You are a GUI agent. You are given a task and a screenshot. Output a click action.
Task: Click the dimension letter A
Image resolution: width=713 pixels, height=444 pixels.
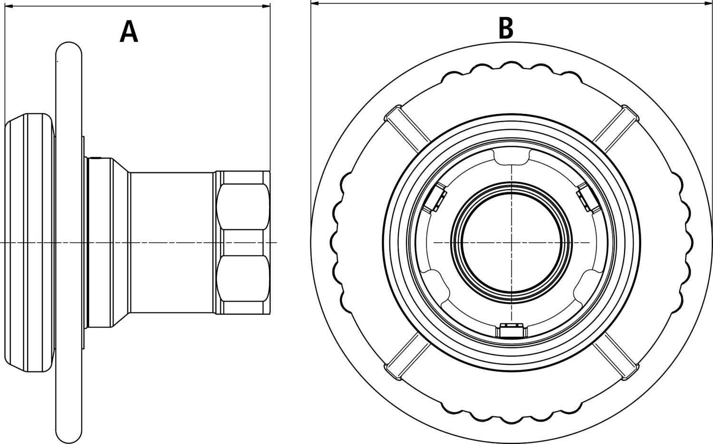(128, 32)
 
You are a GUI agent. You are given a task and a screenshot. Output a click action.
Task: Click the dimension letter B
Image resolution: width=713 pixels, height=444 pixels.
(506, 28)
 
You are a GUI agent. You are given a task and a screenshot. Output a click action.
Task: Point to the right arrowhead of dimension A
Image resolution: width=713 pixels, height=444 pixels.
(267, 6)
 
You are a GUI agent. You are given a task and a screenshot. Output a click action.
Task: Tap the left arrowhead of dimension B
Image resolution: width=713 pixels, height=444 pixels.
(314, 3)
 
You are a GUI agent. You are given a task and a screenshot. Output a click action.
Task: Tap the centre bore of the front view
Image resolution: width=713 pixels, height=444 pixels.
(511, 243)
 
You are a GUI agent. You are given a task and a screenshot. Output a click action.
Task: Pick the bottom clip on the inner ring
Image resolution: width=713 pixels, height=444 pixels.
(511, 330)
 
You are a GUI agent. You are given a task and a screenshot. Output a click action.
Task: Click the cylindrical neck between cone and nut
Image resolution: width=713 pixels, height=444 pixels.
(171, 243)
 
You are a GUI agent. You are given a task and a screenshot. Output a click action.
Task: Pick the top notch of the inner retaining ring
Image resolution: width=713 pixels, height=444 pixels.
(511, 156)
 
